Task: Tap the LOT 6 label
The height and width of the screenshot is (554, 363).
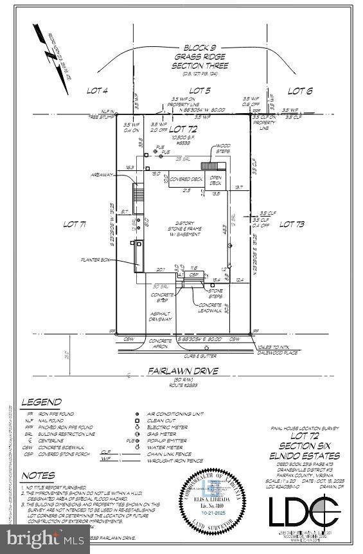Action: (x=299, y=91)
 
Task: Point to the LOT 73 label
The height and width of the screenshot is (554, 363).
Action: (x=292, y=224)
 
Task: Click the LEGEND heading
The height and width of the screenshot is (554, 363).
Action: (x=42, y=402)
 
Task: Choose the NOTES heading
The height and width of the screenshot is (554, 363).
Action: (x=38, y=476)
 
